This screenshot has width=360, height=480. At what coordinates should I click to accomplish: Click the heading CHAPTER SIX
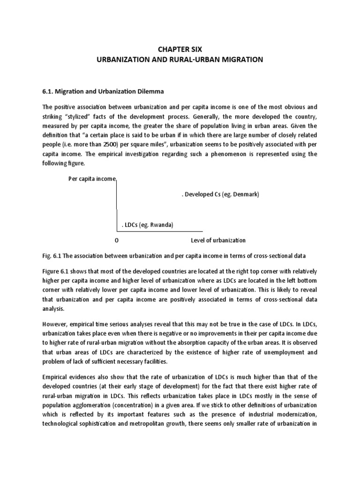click(180, 48)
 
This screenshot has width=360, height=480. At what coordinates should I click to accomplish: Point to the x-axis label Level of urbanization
click(218, 240)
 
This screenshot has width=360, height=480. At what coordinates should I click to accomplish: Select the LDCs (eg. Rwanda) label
click(148, 225)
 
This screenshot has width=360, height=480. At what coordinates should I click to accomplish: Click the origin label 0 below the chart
click(116, 240)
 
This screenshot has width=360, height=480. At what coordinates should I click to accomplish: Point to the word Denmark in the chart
click(243, 194)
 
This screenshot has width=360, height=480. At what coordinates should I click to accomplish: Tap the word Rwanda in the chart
click(161, 225)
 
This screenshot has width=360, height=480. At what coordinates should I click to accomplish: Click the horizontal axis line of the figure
click(159, 231)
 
